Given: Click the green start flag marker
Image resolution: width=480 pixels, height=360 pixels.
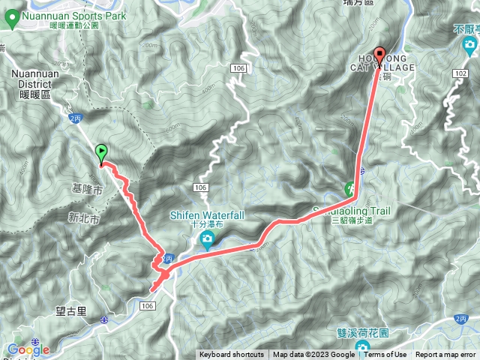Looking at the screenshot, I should [102, 153].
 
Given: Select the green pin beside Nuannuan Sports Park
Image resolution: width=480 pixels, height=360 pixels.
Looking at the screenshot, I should [10, 19].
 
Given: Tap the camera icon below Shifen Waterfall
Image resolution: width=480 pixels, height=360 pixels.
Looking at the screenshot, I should [207, 241].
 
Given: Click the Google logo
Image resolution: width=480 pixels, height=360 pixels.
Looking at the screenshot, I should [28, 349].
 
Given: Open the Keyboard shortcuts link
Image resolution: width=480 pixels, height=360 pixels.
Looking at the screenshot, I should [231, 355].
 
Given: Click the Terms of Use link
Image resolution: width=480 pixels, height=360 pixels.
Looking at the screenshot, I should [385, 355].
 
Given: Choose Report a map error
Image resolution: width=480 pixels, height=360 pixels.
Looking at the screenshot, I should [447, 355].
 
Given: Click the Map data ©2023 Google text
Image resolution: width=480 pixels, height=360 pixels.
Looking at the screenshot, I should [313, 355].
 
